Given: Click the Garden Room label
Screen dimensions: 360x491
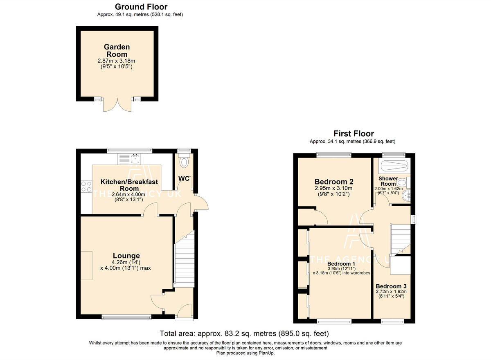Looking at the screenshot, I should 117,51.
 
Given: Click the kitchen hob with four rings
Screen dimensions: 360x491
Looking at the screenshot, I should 86,187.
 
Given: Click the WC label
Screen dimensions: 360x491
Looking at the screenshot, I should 184,179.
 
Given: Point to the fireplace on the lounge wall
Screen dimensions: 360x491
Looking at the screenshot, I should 86,265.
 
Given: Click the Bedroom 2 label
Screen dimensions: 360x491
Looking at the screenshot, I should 334,182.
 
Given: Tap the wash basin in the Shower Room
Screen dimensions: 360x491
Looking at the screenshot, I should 406,196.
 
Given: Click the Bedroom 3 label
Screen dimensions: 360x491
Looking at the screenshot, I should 391,286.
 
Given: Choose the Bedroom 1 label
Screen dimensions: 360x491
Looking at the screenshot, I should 341,263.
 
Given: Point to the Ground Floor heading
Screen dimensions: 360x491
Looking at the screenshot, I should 141,7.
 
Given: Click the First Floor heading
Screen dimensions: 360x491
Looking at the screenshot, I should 354,133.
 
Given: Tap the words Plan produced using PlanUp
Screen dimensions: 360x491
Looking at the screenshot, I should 245,353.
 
